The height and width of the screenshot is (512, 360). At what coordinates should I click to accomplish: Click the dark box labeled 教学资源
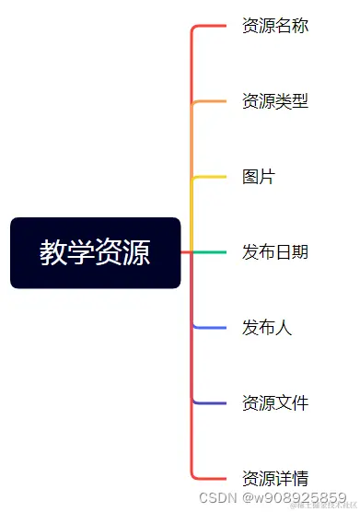95,252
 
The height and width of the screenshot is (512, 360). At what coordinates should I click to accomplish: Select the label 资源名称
274,26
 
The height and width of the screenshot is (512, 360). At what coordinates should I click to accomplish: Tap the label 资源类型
274,101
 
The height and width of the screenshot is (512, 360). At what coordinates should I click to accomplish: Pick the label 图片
259,177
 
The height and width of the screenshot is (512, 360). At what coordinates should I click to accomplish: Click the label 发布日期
274,252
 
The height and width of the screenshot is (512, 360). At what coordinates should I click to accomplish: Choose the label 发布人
267,328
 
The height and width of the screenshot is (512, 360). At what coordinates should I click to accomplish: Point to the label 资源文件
274,403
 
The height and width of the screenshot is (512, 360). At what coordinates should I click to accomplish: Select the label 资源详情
274,479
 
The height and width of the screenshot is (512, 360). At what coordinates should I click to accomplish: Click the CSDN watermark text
218,498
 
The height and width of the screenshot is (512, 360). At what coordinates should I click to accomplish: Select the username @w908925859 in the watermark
294,498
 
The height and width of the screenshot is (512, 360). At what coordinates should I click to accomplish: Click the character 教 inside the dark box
53,252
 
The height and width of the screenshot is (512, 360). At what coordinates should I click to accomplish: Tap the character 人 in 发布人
284,328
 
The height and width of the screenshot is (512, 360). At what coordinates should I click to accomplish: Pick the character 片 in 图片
267,177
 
